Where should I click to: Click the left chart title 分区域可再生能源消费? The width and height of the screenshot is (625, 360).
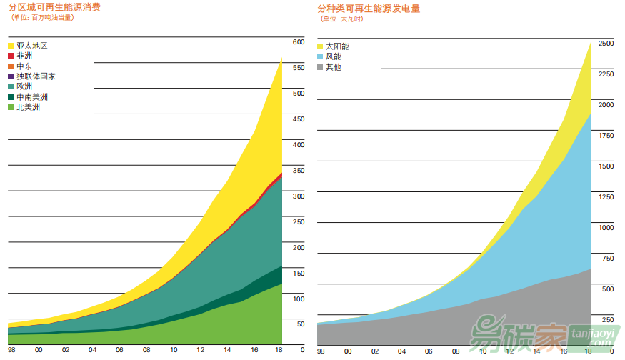point(54,8)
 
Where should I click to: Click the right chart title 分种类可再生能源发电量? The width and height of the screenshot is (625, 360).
point(369,9)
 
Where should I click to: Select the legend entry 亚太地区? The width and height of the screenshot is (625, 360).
point(31,45)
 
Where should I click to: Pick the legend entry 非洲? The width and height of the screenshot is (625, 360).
point(24,55)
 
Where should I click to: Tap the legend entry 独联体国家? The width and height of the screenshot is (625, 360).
point(36,76)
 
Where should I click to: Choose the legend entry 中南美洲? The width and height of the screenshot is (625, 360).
point(32,96)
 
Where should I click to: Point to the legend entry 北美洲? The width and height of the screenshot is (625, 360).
point(28,107)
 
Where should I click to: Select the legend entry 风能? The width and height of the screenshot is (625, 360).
point(334,56)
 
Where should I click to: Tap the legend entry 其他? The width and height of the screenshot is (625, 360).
point(334,67)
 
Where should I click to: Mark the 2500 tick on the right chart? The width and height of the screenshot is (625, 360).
point(606,44)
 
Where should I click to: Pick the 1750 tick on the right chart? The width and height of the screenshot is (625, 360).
point(606,136)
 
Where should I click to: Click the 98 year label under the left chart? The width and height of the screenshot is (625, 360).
point(12,350)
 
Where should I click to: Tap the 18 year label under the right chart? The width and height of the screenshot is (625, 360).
point(588,351)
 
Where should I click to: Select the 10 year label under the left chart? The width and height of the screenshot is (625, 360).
point(173,350)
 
